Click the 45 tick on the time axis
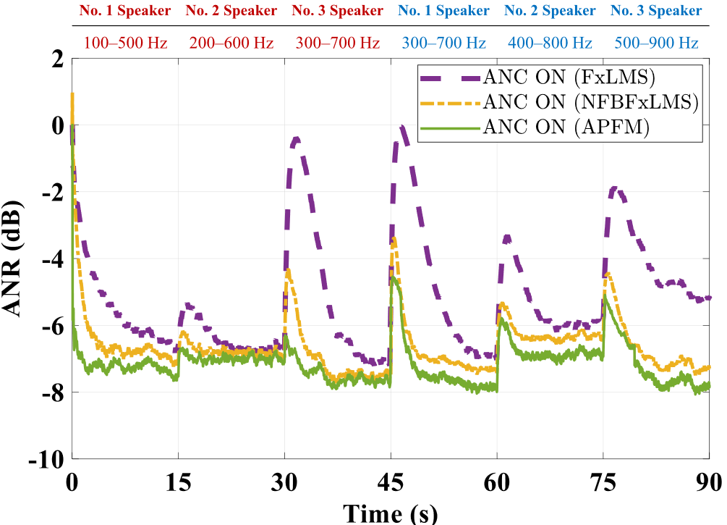[x=391, y=481]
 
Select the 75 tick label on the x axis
[x=604, y=481]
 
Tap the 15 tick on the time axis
[x=178, y=481]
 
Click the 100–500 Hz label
[x=125, y=43]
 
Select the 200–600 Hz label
[x=231, y=43]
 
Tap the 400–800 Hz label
[x=550, y=43]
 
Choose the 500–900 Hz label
[x=656, y=43]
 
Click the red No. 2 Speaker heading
[x=231, y=11]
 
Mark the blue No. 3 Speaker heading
[x=656, y=11]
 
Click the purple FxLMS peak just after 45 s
[x=401, y=128]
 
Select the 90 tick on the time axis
[x=710, y=481]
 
